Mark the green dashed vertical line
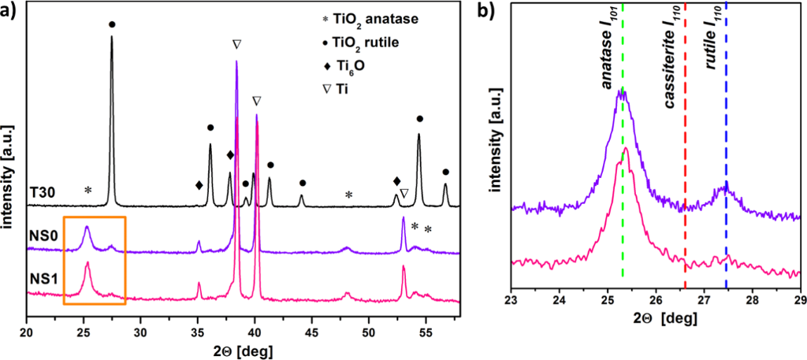click(x=623, y=197)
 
